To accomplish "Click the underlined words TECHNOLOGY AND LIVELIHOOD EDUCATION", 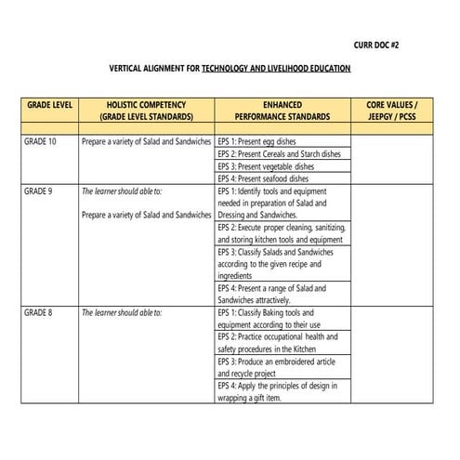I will pos(276,70).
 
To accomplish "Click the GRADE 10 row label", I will pos(40,142).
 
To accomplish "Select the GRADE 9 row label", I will pos(38,191).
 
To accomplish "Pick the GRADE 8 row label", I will pos(38,314).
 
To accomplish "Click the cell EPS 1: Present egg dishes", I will pos(256,142).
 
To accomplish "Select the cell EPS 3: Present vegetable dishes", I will pos(266,166).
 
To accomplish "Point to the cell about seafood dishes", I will pos(263,178).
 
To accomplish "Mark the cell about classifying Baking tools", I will pos(269,320).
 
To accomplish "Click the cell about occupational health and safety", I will pos(278,344).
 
